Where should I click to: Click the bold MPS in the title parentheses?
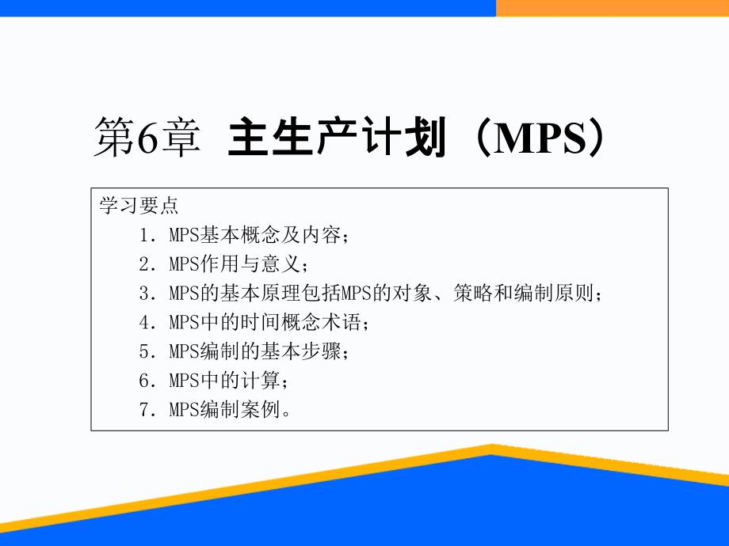click(540, 138)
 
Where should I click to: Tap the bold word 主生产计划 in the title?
click(337, 137)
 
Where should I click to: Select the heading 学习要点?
click(139, 205)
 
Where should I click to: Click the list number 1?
click(144, 235)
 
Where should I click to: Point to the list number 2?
click(144, 264)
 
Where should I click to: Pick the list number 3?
click(144, 294)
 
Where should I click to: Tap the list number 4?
click(144, 322)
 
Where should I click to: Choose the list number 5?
click(144, 351)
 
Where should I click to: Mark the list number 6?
click(144, 381)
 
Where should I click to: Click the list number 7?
click(144, 410)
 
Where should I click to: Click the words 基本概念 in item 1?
click(240, 235)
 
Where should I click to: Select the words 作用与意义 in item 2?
click(250, 264)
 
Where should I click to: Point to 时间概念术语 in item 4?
click(301, 322)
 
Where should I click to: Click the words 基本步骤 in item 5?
click(301, 351)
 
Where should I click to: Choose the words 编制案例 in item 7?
click(240, 409)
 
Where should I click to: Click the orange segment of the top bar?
click(613, 8)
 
